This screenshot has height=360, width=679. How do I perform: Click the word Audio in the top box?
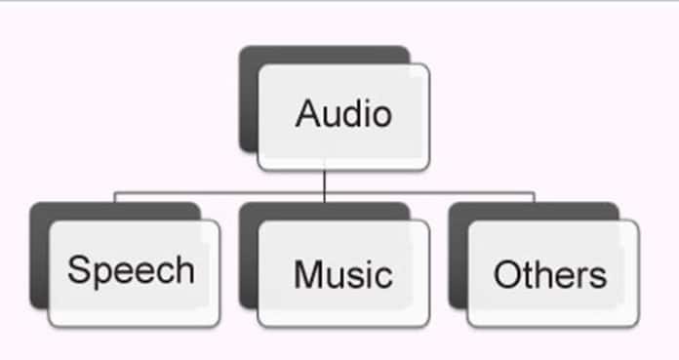coord(343,114)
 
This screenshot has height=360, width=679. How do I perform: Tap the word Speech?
coord(131,271)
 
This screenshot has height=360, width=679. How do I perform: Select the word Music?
coord(342,274)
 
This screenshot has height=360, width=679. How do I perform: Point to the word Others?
coord(549,274)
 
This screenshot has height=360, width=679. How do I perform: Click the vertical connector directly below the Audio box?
coord(324,180)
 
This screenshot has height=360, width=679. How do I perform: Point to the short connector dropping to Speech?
coord(115,197)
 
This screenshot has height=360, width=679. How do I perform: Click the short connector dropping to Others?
coord(534,197)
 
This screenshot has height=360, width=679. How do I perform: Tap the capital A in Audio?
coord(307,114)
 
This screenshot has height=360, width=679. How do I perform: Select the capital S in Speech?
coord(79,269)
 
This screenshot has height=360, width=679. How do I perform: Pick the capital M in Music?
coord(307,274)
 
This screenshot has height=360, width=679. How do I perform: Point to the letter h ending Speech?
coord(183,269)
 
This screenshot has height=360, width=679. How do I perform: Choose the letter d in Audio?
coord(353,114)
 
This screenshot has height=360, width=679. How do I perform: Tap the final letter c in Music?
coord(384,276)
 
